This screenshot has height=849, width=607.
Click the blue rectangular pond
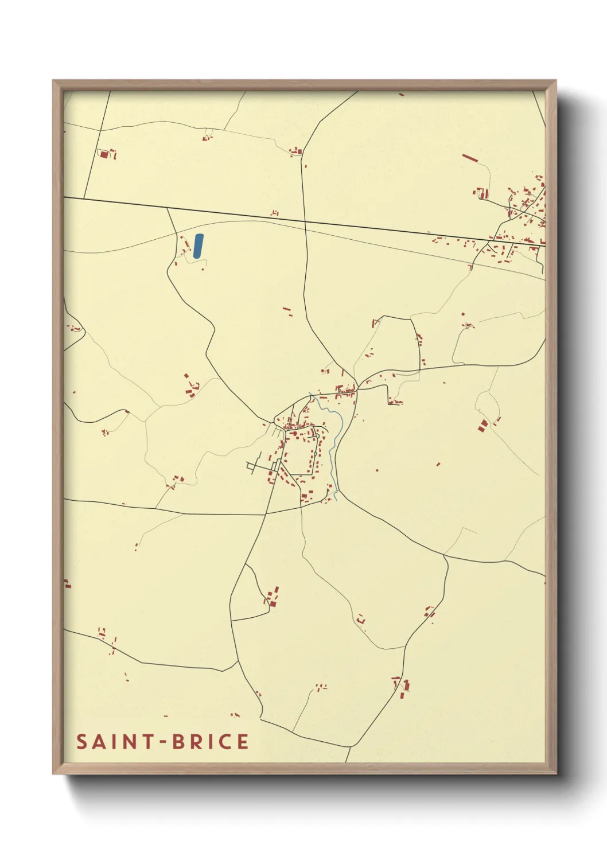pyautogui.click(x=198, y=246)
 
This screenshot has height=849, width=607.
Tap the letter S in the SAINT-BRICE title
pyautogui.click(x=83, y=742)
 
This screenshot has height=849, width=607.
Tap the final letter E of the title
pyautogui.click(x=243, y=742)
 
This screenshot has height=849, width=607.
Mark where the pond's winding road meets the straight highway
pyautogui.click(x=168, y=209)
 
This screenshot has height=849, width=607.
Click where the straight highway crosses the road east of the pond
pyautogui.click(x=305, y=221)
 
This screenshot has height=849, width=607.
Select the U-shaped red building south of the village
pyautogui.click(x=361, y=620)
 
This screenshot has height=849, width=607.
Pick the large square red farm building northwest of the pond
pyautogui.click(x=104, y=154)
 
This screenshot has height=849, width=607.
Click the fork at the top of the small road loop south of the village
pyautogui.click(x=246, y=564)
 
